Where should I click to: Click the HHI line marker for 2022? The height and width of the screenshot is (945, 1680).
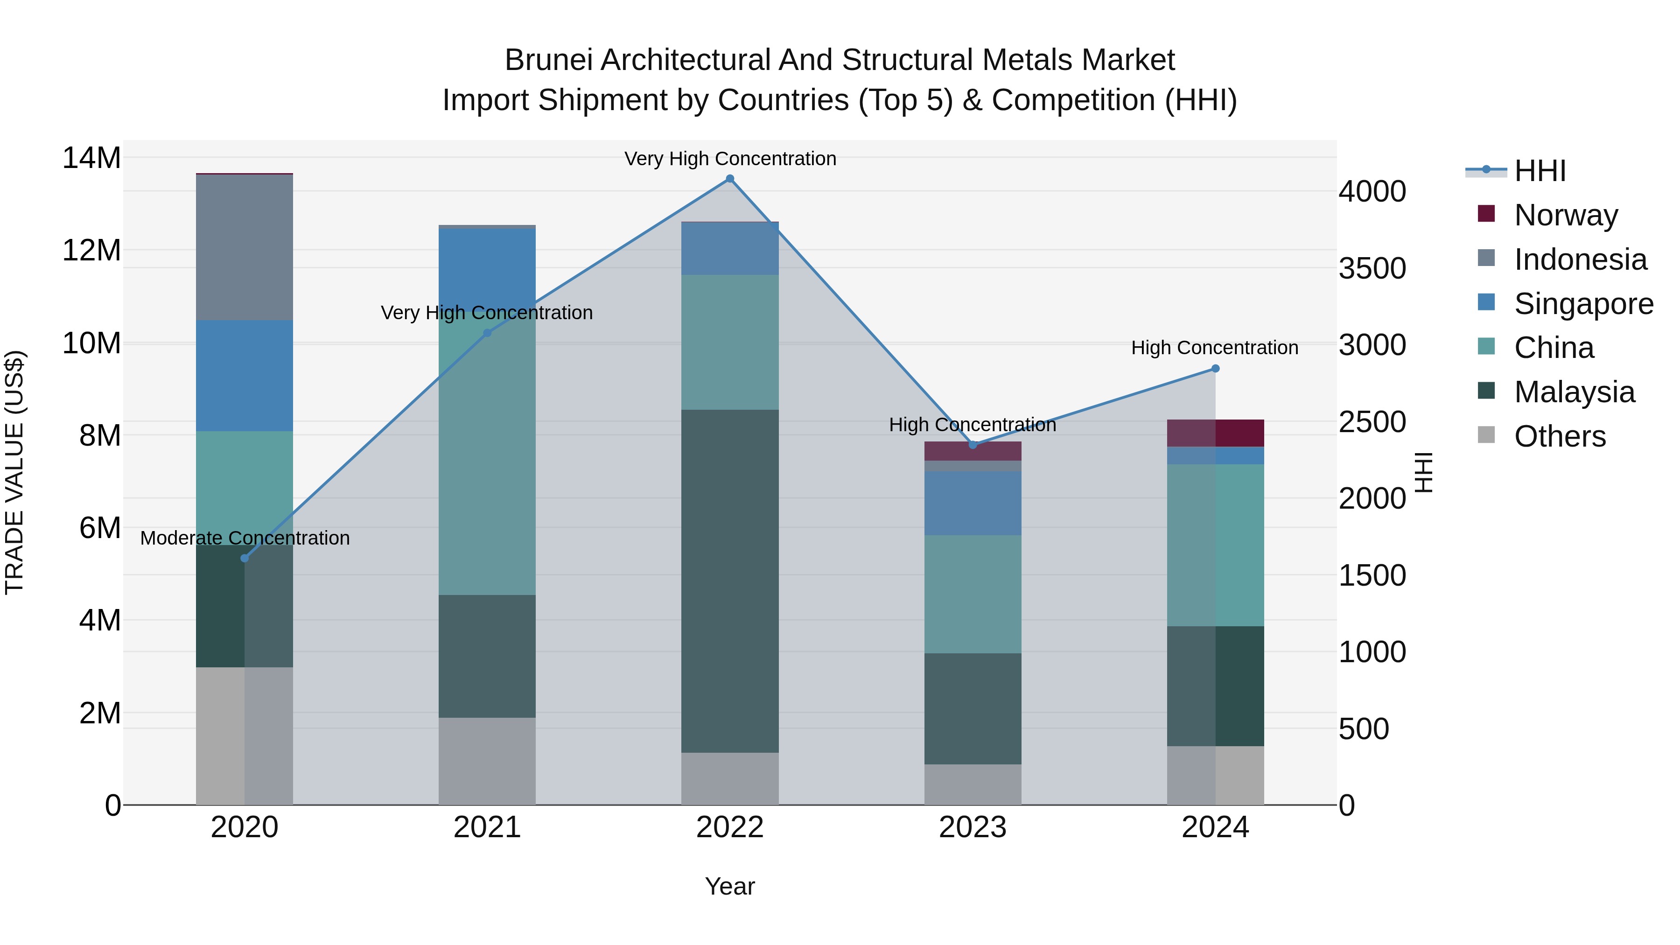point(730,179)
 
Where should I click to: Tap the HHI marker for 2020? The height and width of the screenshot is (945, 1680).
point(245,558)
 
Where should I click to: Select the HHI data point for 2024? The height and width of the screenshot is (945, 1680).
point(1215,369)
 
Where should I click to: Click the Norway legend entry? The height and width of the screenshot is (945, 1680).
point(1565,215)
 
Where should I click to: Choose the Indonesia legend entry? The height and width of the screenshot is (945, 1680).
point(1580,259)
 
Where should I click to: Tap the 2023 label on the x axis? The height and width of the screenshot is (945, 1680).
point(973,827)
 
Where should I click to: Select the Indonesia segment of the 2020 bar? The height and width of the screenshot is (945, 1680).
point(245,248)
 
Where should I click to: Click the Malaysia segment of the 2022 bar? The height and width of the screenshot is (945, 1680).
point(730,581)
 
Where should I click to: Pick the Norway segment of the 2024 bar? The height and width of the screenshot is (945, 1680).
point(1215,433)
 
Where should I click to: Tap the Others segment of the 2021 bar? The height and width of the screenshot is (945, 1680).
point(487,761)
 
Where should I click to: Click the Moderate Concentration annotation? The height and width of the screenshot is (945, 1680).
point(245,538)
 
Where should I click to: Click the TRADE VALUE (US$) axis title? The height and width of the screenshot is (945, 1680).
point(14,472)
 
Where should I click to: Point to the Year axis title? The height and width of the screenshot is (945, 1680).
point(730,886)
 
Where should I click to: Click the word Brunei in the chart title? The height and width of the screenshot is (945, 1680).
point(548,60)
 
